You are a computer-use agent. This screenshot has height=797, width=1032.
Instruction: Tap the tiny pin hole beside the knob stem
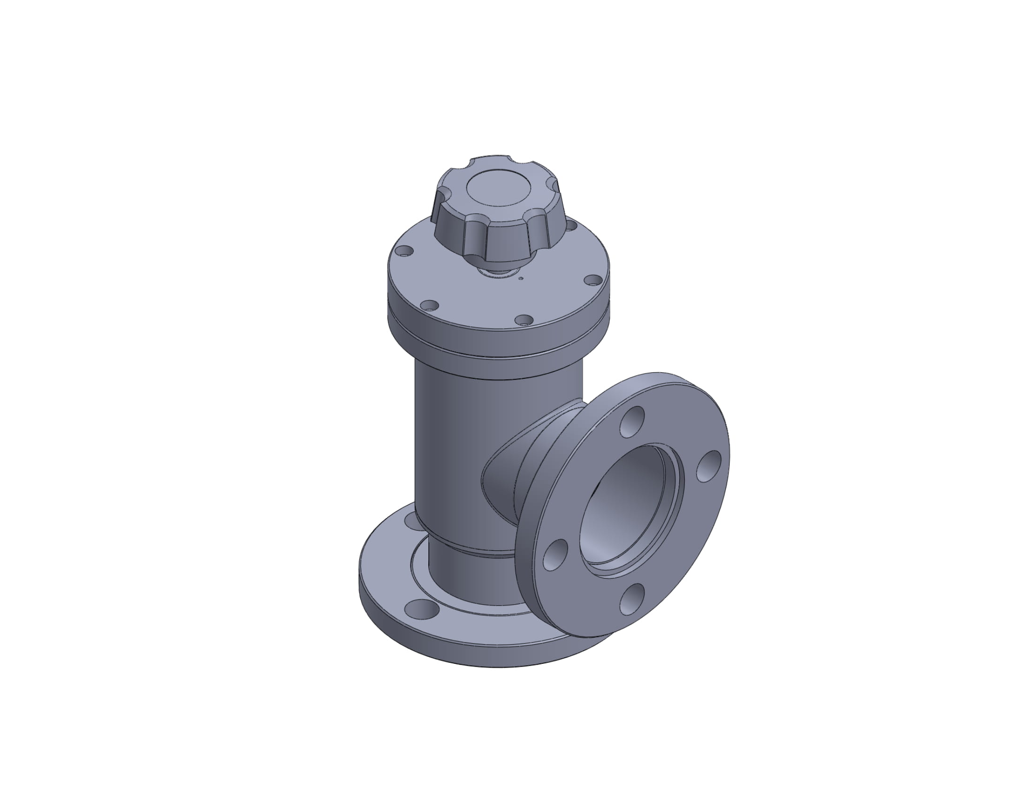[521, 278]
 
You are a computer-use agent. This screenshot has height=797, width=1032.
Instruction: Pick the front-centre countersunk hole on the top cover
[523, 320]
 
